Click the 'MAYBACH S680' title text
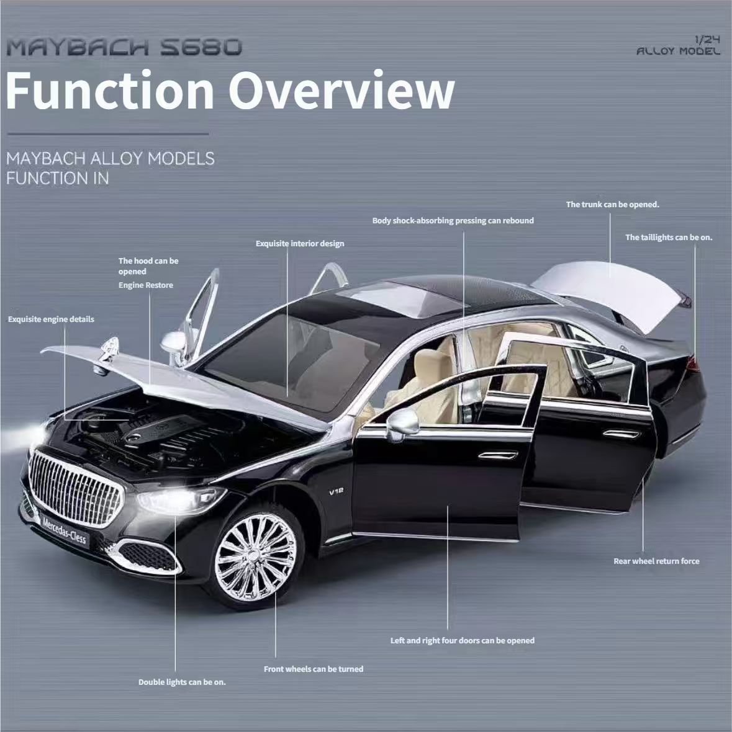(124, 47)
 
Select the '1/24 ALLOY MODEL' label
(678, 46)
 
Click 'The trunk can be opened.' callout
(612, 205)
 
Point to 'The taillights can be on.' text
(669, 238)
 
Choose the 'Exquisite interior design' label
(300, 244)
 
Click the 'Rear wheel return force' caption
(656, 561)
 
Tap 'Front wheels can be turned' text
(314, 669)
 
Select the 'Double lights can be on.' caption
(182, 682)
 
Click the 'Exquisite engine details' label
(51, 319)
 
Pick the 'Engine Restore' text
(146, 285)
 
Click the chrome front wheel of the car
(255, 557)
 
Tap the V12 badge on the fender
(337, 491)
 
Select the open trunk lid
(610, 292)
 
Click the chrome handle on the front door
(497, 455)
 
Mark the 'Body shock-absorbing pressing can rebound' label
(453, 221)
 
